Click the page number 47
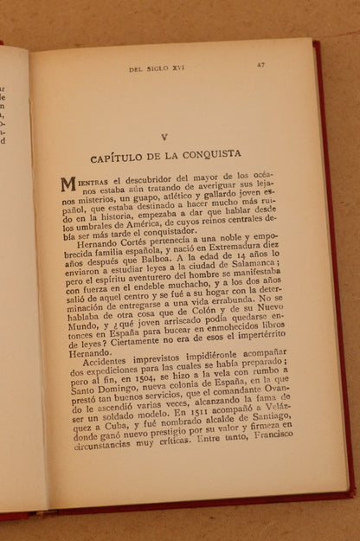pyautogui.click(x=260, y=64)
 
